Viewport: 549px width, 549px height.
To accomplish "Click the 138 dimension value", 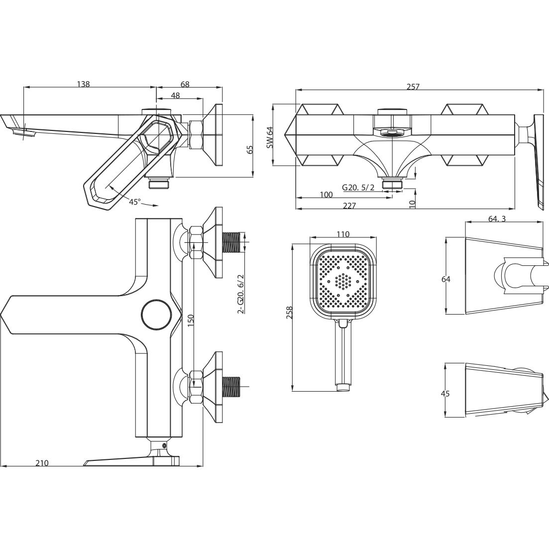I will (83, 84).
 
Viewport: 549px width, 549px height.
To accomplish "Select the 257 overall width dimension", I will (413, 87).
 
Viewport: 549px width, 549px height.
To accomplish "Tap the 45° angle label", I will (135, 202).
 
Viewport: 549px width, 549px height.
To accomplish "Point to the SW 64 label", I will (270, 137).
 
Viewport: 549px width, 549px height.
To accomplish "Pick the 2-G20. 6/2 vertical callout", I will (240, 293).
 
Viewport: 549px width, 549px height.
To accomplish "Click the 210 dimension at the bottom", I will (42, 463).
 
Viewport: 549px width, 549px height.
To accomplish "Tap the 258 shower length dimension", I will (290, 312).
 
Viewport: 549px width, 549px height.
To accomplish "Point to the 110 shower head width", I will (343, 234).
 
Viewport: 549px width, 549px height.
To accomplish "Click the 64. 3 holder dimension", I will (497, 219).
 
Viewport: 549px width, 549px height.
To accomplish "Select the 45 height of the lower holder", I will (445, 393).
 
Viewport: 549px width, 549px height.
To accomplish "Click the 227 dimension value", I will (349, 206).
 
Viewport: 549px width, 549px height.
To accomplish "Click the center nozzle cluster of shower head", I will (343, 281).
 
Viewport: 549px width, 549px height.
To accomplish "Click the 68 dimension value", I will (185, 85).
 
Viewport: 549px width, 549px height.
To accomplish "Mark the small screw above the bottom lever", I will (164, 445).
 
